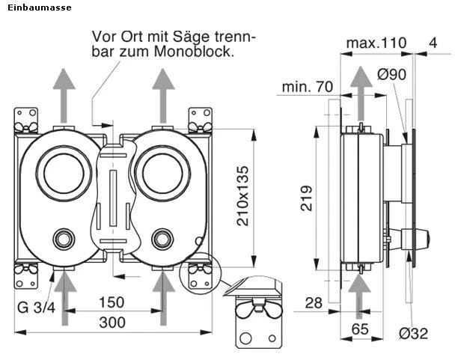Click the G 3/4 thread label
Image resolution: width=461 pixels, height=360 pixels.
click(36, 308)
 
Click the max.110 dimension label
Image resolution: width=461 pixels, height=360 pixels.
click(376, 43)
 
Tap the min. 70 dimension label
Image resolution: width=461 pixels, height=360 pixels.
click(307, 87)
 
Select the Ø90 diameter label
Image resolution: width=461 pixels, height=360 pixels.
click(392, 75)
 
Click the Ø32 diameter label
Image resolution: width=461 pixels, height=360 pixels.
click(413, 333)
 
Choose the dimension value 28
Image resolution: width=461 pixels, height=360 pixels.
click(314, 302)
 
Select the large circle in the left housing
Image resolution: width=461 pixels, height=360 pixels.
click(64, 172)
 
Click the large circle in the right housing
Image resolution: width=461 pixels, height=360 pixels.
click(162, 172)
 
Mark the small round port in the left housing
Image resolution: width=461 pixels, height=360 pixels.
click(64, 240)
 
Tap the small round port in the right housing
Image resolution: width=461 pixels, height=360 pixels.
click(162, 240)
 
